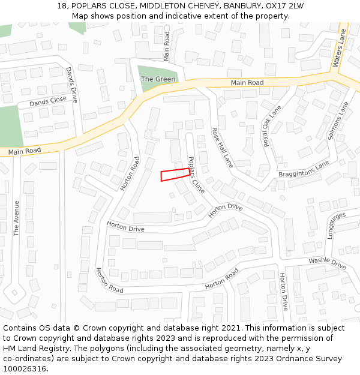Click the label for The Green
click(x=158, y=79)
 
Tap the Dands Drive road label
click(x=72, y=85)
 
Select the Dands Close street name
click(x=48, y=101)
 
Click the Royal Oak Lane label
click(x=271, y=125)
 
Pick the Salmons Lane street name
click(x=338, y=121)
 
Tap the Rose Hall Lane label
click(x=221, y=146)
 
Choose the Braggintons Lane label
click(x=304, y=169)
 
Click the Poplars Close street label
click(x=196, y=175)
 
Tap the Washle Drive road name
click(x=327, y=263)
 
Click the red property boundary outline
click(x=175, y=175)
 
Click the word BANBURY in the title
click(x=234, y=6)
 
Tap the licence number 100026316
click(x=23, y=368)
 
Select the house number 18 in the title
click(x=62, y=6)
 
